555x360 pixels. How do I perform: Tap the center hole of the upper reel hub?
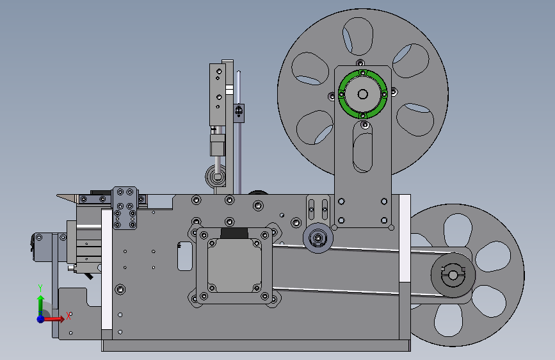363,94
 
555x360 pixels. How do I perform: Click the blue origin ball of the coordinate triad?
41,319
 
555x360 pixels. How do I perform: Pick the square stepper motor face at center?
234,266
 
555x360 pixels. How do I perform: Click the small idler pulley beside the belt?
318,238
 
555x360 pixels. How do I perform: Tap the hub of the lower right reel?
453,275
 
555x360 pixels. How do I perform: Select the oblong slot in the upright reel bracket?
362,147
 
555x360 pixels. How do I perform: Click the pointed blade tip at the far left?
58,195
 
